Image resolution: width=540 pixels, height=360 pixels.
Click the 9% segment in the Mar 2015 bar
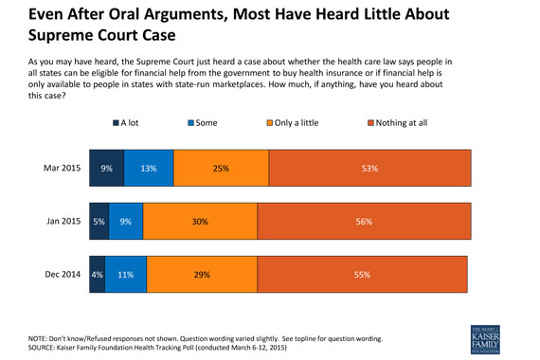106,169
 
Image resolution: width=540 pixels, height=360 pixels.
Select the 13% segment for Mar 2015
149,169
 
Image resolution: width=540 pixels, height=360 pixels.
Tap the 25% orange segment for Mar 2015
221,169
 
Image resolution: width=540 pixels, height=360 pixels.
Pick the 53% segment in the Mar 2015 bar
369,169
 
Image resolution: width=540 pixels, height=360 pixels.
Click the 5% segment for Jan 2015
98,222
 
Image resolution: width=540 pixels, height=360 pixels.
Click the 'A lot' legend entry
126,122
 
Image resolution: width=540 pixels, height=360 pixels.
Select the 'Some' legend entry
201,122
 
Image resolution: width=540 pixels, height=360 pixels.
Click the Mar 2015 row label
62,169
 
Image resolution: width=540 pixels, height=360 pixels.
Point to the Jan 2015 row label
63,222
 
